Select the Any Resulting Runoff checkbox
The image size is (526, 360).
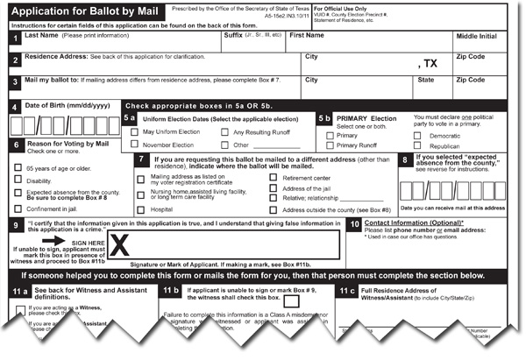coord(225,132)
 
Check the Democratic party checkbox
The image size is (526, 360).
coord(417,137)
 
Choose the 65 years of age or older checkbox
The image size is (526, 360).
coord(18,167)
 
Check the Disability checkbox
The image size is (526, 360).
coord(18,181)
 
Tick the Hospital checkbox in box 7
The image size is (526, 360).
coord(142,210)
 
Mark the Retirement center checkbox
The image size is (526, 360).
coord(274,177)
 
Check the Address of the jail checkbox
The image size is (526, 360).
coord(274,188)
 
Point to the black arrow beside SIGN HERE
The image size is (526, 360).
coord(54,240)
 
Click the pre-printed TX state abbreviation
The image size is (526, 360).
coord(429,65)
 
